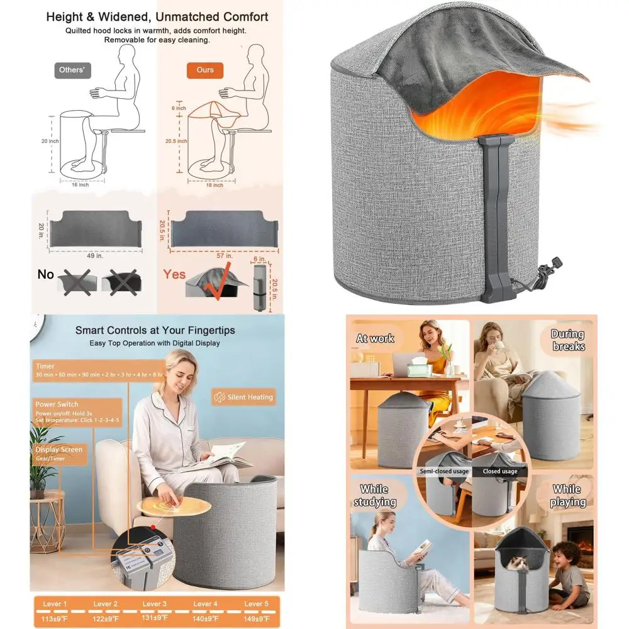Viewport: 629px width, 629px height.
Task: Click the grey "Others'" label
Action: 72,70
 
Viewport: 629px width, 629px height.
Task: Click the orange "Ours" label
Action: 205,70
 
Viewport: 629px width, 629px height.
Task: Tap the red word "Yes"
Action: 175,274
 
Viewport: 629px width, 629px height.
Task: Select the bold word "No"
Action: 46,274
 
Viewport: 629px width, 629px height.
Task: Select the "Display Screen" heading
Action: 59,450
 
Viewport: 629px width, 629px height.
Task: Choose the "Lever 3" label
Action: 152,604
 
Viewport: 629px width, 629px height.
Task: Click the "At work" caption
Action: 376,338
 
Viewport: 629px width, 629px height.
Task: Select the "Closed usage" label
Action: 500,471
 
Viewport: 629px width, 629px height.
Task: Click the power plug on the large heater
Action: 556,264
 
